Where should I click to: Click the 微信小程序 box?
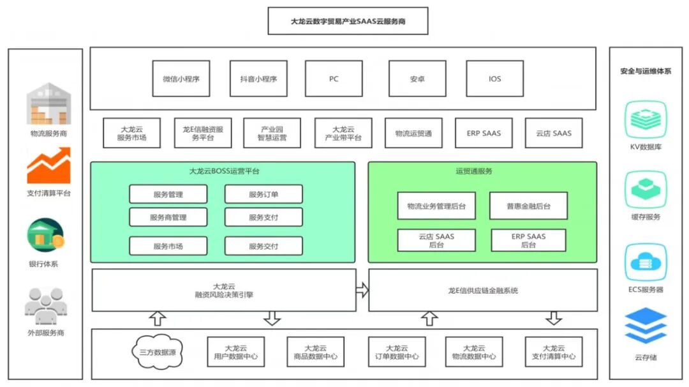pyautogui.click(x=181, y=79)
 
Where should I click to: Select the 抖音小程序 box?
pyautogui.click(x=258, y=79)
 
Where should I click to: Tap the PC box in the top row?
pyautogui.click(x=334, y=79)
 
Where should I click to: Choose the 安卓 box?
pyautogui.click(x=417, y=79)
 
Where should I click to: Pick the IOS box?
pyautogui.click(x=494, y=79)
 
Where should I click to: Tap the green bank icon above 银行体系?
pyautogui.click(x=45, y=235)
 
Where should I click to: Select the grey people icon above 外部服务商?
pyautogui.click(x=45, y=305)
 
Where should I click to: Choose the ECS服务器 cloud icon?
pyautogui.click(x=646, y=262)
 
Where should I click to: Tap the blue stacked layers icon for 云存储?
pyautogui.click(x=646, y=326)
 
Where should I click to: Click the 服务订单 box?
pyautogui.click(x=263, y=194)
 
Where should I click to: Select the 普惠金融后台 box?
pyautogui.click(x=528, y=206)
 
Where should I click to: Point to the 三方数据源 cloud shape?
pyautogui.click(x=158, y=352)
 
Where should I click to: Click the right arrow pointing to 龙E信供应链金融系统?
pyautogui.click(x=362, y=290)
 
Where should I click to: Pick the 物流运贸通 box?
pyautogui.click(x=413, y=133)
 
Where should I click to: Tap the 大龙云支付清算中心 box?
pyautogui.click(x=553, y=352)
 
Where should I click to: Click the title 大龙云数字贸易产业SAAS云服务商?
pyautogui.click(x=348, y=21)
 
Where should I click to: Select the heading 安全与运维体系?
pyautogui.click(x=646, y=71)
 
